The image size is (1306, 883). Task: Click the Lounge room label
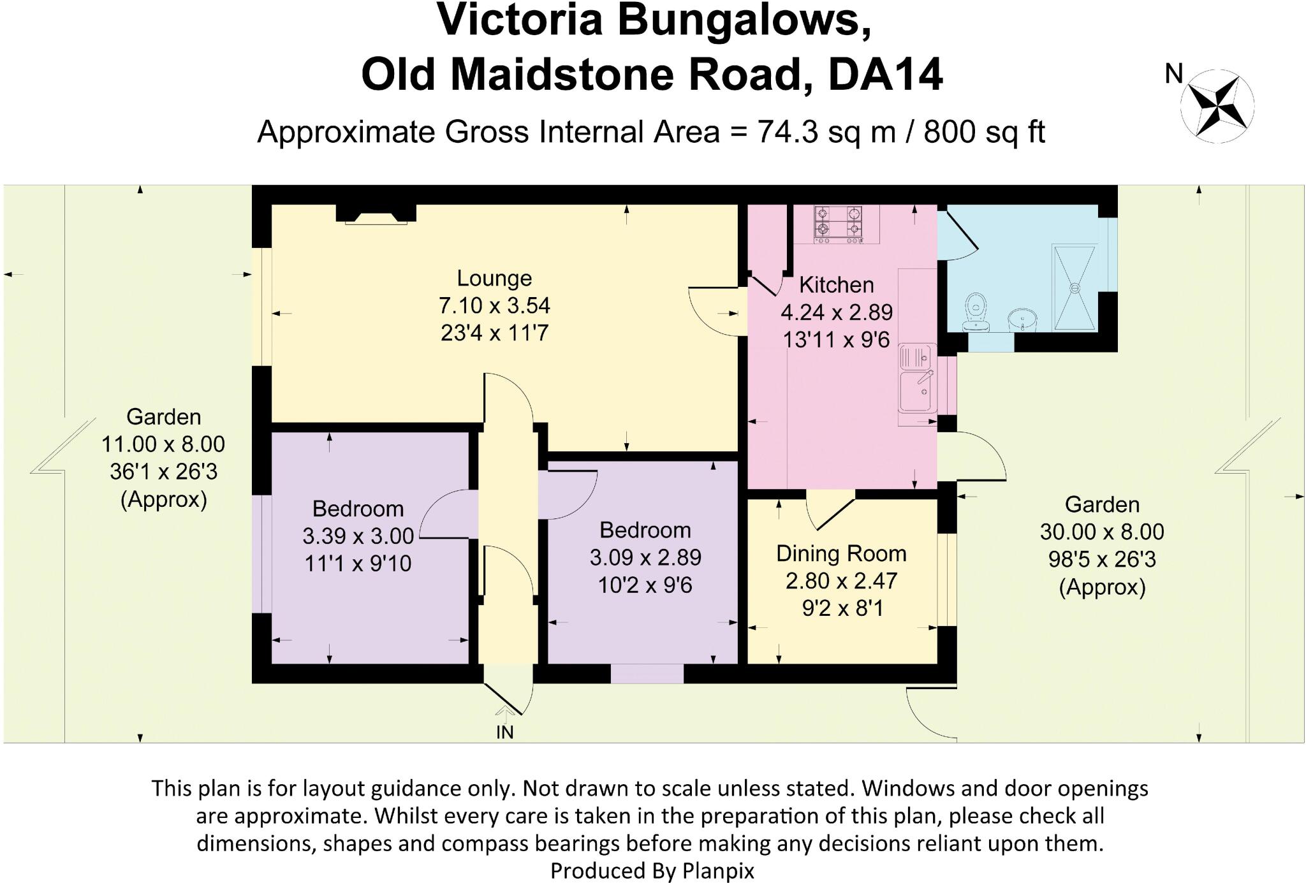coord(494,278)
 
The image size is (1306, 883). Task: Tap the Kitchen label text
coord(836,285)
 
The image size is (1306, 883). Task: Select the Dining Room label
coord(841,553)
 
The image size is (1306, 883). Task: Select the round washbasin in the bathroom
coord(1023,319)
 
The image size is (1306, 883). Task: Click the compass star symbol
coord(1217,106)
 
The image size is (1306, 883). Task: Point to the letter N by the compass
coord(1173,75)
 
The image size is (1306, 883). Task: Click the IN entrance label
coord(505,733)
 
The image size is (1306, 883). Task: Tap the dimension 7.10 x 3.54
coord(494,305)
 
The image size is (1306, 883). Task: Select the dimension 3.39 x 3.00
coord(358,536)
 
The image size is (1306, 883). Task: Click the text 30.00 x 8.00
coord(1102,532)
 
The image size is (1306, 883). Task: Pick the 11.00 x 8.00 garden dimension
coord(163,444)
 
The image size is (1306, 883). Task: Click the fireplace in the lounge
coord(376,214)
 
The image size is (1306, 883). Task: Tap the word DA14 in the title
coord(885,75)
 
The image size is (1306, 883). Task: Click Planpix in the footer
coord(718,870)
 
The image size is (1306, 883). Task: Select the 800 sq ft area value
coord(984,132)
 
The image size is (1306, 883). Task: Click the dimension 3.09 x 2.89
coord(645,558)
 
